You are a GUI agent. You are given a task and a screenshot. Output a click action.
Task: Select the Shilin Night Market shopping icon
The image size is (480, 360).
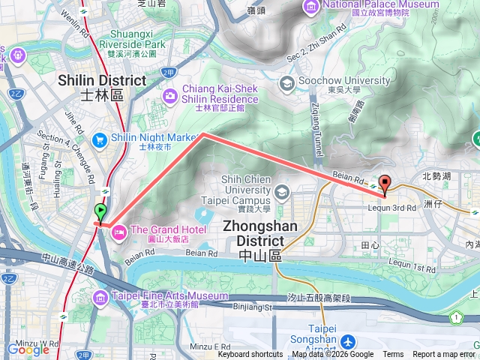click(99, 139)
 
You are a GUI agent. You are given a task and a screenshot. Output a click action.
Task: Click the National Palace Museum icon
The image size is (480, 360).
click(310, 6)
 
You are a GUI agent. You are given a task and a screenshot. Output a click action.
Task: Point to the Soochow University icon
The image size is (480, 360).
click(285, 82)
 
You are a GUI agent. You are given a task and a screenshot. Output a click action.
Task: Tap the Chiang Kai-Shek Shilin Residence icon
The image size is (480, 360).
click(170, 95)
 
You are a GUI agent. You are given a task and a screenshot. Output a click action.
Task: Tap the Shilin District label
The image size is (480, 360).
click(102, 87)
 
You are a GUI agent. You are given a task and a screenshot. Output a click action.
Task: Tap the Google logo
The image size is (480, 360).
click(28, 349)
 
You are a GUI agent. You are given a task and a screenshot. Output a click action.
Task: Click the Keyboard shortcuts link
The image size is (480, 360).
click(250, 355)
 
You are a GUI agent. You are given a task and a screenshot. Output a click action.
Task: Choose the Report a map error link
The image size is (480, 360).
click(444, 355)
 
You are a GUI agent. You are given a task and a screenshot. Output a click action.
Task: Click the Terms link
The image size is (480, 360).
click(393, 355)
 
